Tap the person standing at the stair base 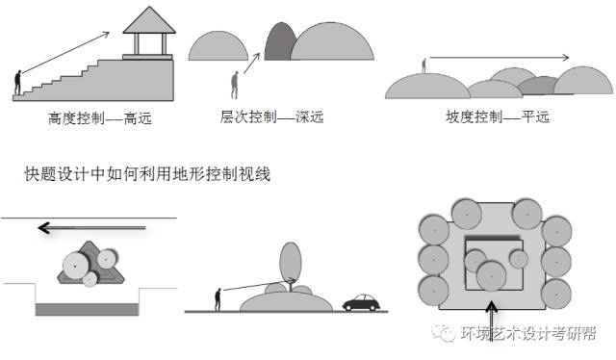pos(16,84)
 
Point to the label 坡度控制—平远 pos(491,117)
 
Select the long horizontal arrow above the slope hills pos(500,57)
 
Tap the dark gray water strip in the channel pos(89,308)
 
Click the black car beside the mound pos(360,302)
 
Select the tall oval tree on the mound pos(290,262)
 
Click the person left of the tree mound pos(218,297)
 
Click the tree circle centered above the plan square pos(471,212)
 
